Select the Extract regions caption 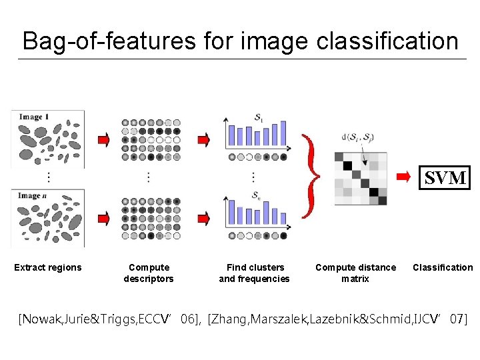point(48,267)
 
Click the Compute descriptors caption point(149,273)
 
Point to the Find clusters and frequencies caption point(255,273)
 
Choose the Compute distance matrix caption point(355,273)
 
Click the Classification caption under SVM point(443,267)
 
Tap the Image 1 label point(35,117)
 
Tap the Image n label point(35,196)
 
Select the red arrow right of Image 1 point(104,139)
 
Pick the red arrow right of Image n point(104,218)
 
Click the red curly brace point(308,176)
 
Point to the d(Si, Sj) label point(357,138)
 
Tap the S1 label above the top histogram point(258,117)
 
